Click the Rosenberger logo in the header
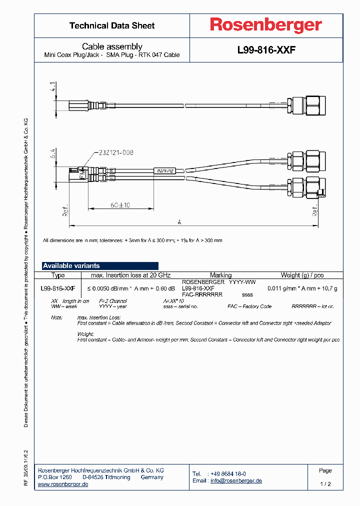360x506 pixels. click(x=265, y=25)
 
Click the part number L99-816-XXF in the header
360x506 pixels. click(x=266, y=50)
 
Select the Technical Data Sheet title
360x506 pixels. click(x=112, y=25)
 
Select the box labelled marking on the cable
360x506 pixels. click(x=164, y=171)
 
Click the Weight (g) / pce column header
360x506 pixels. click(x=302, y=275)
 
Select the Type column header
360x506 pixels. click(x=58, y=275)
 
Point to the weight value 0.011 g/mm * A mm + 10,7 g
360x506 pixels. click(x=302, y=288)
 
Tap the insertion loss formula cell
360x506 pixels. click(x=131, y=288)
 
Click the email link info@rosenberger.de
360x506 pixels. click(x=236, y=480)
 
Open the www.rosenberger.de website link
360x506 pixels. click(x=63, y=484)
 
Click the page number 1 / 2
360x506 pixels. click(x=325, y=484)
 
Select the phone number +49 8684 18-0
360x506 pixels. click(x=227, y=473)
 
